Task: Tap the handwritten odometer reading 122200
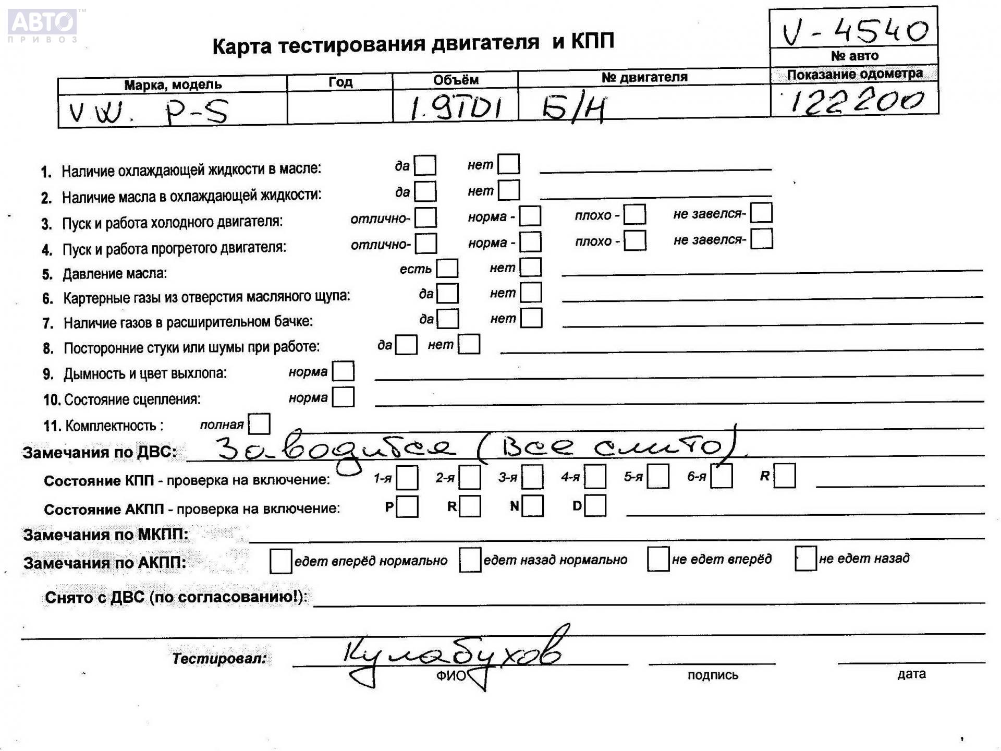(855, 101)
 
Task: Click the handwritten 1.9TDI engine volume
(455, 108)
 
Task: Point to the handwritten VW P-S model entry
(149, 112)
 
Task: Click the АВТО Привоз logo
(43, 26)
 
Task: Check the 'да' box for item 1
(425, 165)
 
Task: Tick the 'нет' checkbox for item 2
(509, 190)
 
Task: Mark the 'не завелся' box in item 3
(761, 213)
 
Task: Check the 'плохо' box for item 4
(635, 240)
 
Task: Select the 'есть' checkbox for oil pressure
(447, 268)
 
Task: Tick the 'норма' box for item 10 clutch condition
(343, 397)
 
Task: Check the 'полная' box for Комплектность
(259, 423)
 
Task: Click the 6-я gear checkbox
(722, 476)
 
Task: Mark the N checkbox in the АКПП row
(532, 506)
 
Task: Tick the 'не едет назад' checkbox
(805, 559)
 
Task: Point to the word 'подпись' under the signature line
(713, 675)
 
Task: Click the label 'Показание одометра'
(854, 74)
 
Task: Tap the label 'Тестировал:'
(219, 658)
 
